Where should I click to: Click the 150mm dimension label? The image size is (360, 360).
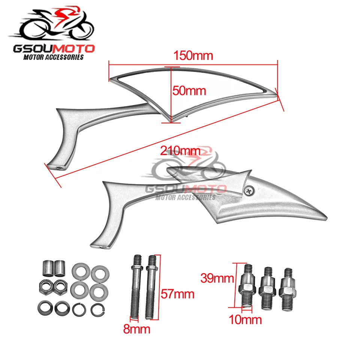pos(193,56)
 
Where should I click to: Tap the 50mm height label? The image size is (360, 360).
pos(189,90)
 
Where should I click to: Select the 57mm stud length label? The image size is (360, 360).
pos(177,293)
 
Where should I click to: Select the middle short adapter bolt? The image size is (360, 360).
pos(267,286)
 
